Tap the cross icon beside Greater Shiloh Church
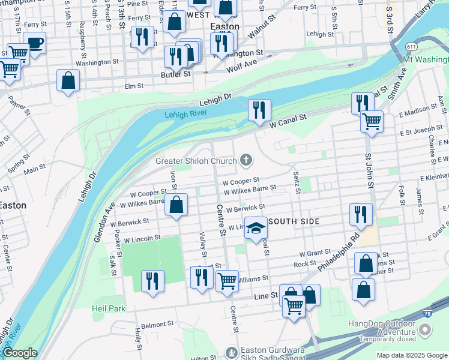tap(246, 160)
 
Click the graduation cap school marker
tap(256, 229)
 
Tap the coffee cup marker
tap(35, 43)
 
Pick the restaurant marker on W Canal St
tap(259, 110)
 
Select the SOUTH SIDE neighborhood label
tap(295, 222)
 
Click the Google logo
tap(20, 353)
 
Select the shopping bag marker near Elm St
tap(68, 80)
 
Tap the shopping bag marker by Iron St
tap(176, 205)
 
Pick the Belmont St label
tap(157, 324)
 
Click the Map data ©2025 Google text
tap(411, 355)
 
